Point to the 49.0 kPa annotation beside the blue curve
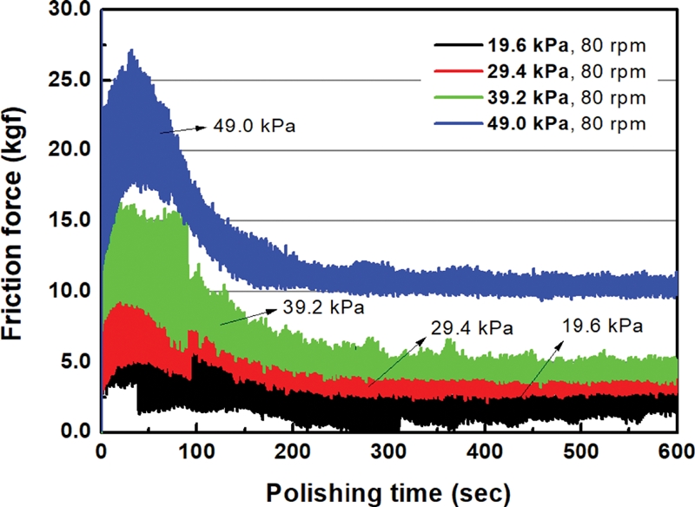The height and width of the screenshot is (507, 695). click(x=255, y=125)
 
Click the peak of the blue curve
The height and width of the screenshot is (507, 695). click(x=130, y=50)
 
